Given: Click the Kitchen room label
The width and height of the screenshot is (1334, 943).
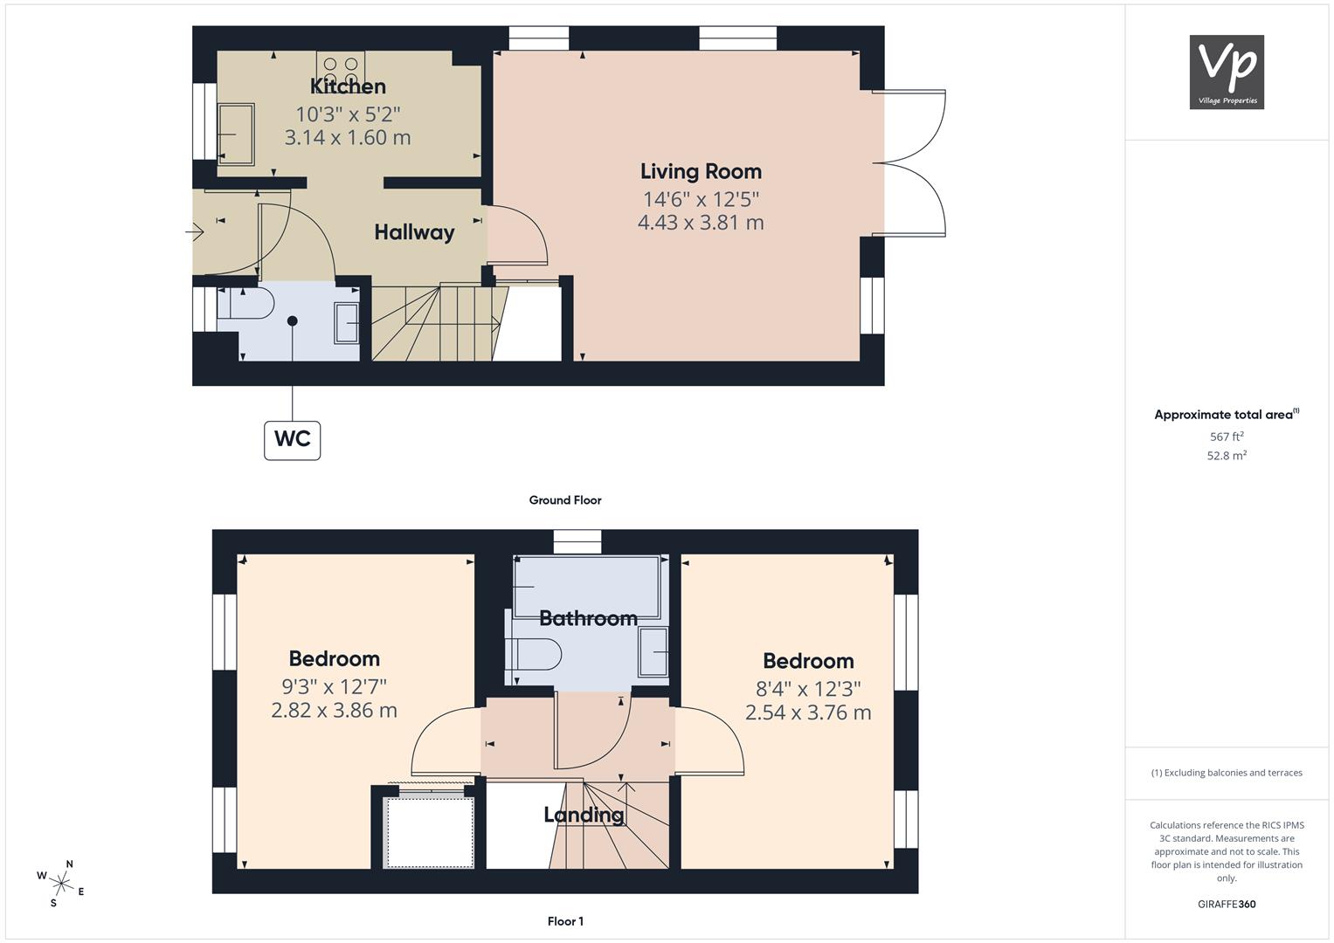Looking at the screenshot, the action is point(348,86).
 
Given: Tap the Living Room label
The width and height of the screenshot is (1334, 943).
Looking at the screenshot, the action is point(701,171).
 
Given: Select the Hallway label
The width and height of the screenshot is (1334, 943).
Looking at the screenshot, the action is point(414,232).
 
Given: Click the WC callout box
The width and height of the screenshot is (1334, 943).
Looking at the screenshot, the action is point(293,440).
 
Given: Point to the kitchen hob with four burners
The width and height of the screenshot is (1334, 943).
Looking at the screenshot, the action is point(341,70).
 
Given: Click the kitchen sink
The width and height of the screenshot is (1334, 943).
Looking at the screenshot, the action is point(236,134).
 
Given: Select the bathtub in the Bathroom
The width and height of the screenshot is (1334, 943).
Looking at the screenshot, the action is point(587,587).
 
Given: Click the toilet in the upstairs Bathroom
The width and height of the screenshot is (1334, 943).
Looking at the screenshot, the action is point(533,655).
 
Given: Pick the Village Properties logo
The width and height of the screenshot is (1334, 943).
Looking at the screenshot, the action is point(1227,72).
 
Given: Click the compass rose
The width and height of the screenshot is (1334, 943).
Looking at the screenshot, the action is point(61,884).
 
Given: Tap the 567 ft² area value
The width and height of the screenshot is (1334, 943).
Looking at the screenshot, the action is point(1227,437).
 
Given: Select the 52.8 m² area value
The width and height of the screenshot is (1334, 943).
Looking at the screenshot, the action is point(1227,456).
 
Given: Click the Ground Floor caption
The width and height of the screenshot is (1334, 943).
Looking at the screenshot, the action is point(565,500).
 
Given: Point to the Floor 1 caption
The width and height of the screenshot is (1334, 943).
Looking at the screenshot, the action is point(565,921).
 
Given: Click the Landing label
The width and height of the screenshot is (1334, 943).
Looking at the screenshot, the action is point(584,815).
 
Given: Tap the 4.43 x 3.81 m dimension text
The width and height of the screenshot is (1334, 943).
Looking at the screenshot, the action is point(701,222).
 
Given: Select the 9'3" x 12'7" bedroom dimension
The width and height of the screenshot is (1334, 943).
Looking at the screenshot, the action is point(334,686).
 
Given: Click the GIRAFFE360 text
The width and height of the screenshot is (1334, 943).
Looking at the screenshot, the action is point(1227,904).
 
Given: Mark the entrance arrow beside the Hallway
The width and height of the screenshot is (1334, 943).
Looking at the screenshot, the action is point(195,231).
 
